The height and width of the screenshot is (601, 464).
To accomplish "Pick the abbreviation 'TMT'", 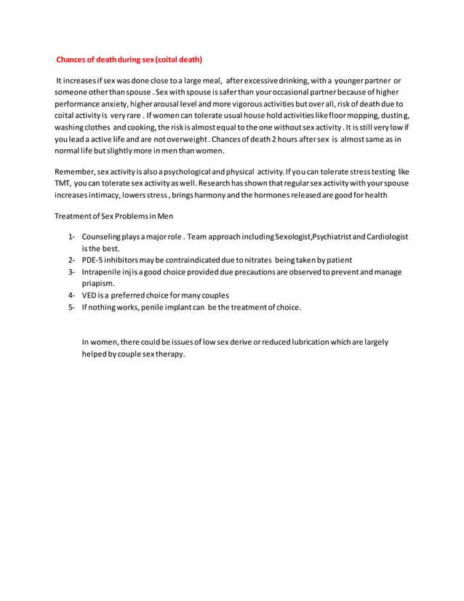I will [x=63, y=183].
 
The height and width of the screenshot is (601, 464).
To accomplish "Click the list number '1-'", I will [x=72, y=237].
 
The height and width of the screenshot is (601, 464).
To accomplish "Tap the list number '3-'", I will [x=72, y=271].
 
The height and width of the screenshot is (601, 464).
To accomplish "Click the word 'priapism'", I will [x=97, y=283].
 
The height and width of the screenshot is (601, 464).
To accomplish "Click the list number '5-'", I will [x=72, y=306].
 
